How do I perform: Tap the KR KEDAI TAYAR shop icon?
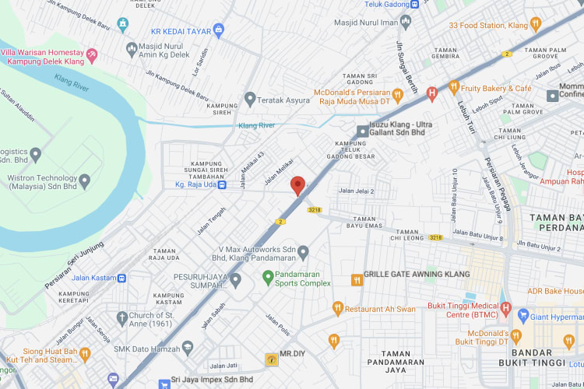(x=217, y=31)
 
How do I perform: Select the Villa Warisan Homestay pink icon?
(x=93, y=54)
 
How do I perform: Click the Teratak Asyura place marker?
(x=250, y=99)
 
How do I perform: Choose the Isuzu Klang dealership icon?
(x=362, y=131)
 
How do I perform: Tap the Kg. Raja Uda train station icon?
(x=222, y=185)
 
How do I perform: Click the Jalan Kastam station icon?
(x=121, y=278)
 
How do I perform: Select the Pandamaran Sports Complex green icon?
(x=267, y=275)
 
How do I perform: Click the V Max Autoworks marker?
(x=304, y=252)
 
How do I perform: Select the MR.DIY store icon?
(x=270, y=359)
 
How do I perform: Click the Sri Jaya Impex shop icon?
(x=164, y=384)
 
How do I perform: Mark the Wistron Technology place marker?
(x=85, y=181)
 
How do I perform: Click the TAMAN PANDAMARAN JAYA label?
(x=396, y=362)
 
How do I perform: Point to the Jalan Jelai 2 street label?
(x=356, y=191)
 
